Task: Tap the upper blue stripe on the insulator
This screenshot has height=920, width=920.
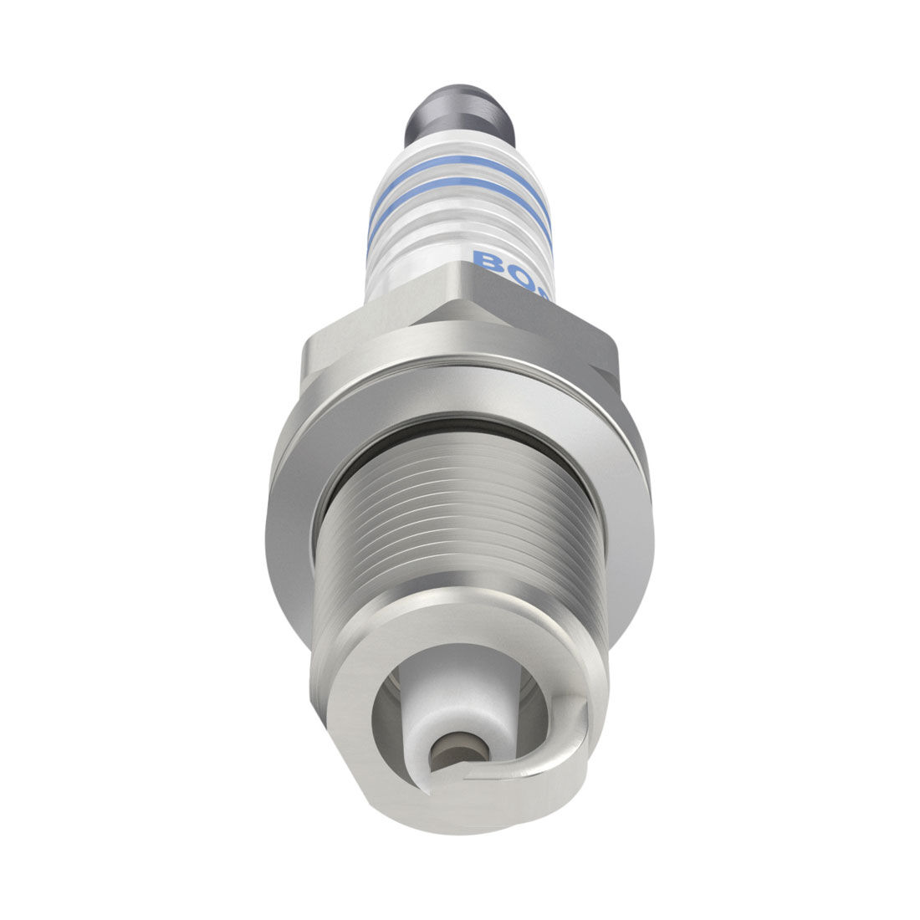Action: click(458, 166)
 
